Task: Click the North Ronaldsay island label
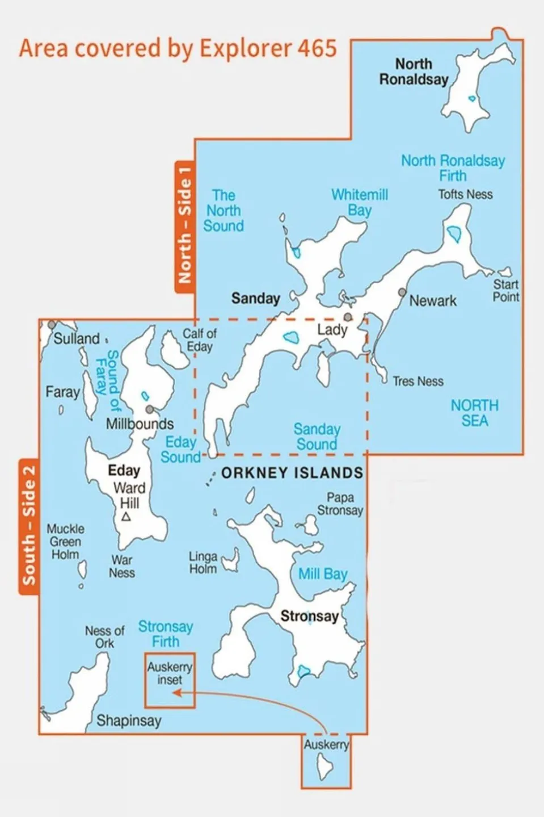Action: click(x=414, y=72)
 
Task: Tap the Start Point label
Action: click(x=505, y=290)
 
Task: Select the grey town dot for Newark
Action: click(x=402, y=292)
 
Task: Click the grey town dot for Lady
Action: click(x=348, y=317)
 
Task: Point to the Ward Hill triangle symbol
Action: click(x=126, y=517)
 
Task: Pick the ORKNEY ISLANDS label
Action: click(x=292, y=473)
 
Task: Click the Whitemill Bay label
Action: click(x=360, y=203)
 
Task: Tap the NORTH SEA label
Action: click(x=474, y=413)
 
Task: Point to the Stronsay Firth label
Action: click(x=166, y=634)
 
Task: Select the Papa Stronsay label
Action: click(x=340, y=504)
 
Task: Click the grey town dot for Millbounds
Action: click(x=149, y=409)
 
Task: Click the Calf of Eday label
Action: click(x=199, y=340)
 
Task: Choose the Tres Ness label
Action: click(x=418, y=382)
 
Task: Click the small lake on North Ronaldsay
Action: click(x=472, y=98)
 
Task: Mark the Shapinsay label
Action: click(x=129, y=720)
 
